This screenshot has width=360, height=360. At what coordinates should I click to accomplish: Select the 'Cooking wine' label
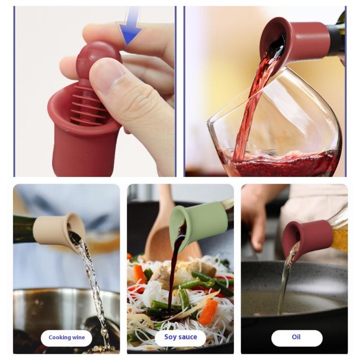pyautogui.click(x=67, y=337)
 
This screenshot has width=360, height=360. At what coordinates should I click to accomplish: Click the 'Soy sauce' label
pyautogui.click(x=180, y=337)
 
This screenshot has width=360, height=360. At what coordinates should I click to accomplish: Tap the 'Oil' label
pyautogui.click(x=297, y=337)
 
